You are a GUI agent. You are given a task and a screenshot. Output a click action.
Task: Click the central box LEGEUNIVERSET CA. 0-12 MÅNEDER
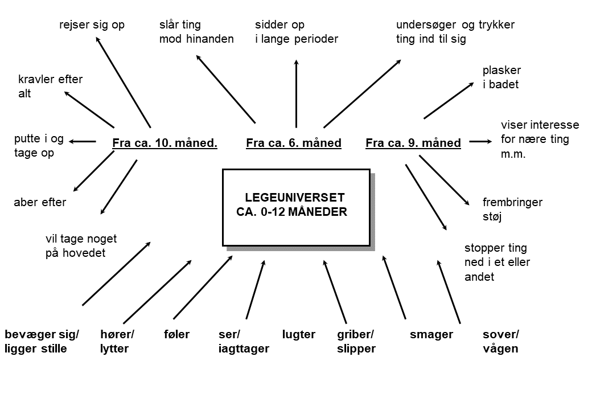point(297,208)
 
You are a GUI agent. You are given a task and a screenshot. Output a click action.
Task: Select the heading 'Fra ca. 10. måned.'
point(165,143)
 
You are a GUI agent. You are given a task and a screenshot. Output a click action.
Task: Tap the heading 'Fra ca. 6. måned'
point(294,143)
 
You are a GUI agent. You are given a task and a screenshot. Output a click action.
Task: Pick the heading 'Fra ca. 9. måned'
point(413,143)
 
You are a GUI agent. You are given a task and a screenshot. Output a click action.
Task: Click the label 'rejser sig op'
point(92,25)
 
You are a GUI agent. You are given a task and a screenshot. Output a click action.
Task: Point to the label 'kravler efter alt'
point(50,87)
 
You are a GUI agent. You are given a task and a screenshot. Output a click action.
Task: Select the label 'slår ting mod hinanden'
point(196,32)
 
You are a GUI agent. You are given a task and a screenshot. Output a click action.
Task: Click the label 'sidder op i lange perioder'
point(297,32)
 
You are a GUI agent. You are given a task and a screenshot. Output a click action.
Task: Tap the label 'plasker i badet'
point(501,77)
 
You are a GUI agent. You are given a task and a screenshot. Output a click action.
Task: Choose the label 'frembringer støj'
point(512,210)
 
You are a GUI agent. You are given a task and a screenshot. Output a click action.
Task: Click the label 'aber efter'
point(40,202)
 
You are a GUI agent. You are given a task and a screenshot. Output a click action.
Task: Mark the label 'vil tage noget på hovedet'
point(81,246)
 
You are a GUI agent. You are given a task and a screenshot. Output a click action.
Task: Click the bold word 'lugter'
point(299,334)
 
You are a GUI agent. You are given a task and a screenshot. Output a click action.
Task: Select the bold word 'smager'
point(431,334)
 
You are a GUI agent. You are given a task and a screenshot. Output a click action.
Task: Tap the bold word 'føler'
point(176,334)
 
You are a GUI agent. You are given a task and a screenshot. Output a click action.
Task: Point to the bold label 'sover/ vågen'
point(500,341)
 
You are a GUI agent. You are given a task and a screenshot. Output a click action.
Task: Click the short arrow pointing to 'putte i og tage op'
point(83,142)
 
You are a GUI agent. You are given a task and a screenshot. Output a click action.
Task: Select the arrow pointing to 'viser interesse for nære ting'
point(480,142)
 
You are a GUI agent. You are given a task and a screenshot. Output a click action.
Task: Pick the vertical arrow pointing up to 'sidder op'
point(297,93)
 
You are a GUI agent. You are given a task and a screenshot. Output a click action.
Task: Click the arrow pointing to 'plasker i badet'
point(449,100)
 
